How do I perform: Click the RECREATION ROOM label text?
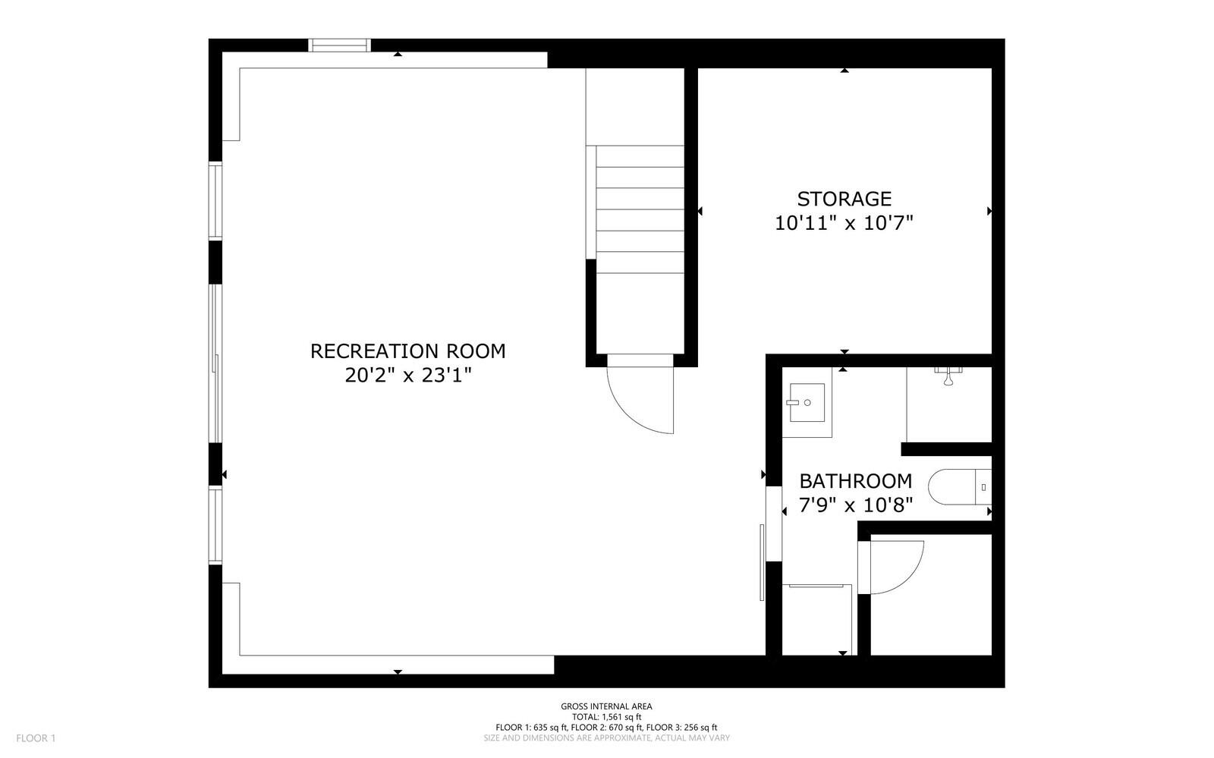407,351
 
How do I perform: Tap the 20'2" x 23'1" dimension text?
407,376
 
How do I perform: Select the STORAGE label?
844,199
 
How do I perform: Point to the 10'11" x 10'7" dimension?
844,223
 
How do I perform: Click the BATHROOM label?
855,481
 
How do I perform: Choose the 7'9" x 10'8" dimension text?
855,504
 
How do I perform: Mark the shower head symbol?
948,376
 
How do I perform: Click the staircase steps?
640,209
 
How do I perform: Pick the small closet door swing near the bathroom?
895,565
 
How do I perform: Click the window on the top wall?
339,46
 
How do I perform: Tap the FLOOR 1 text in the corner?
36,738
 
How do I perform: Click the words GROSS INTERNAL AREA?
606,706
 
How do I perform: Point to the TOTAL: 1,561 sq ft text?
606,716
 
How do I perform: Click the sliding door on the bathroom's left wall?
762,561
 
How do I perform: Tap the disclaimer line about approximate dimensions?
606,738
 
